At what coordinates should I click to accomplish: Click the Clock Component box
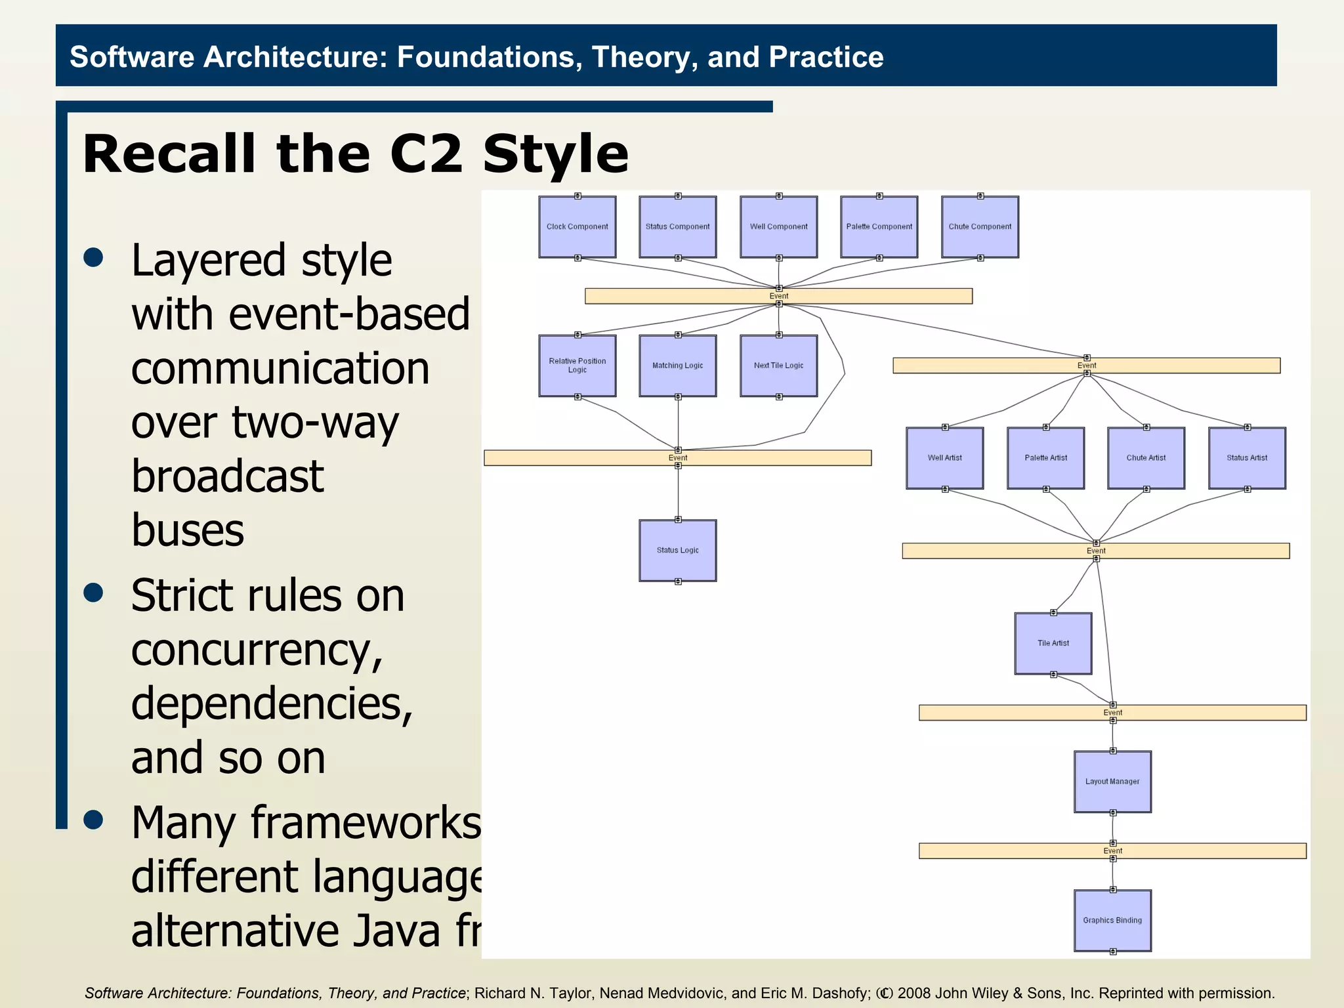[577, 227]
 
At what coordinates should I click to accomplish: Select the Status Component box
[677, 227]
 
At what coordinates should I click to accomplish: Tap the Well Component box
[778, 227]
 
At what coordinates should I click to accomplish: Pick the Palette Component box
[879, 227]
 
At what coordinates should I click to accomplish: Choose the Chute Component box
[980, 227]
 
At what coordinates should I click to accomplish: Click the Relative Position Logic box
[577, 366]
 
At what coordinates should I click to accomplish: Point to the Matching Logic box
[677, 366]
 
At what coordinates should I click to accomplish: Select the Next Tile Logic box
[778, 366]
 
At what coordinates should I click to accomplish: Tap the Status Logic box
[677, 551]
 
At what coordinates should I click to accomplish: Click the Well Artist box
[944, 458]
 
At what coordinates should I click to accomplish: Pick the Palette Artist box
[1045, 458]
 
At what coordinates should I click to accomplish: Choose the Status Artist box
[1247, 458]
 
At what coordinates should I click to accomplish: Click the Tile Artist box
[1053, 643]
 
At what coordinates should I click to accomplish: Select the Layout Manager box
[1112, 782]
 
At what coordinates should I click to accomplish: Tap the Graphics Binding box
[1112, 921]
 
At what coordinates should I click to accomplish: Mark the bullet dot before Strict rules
[94, 593]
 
